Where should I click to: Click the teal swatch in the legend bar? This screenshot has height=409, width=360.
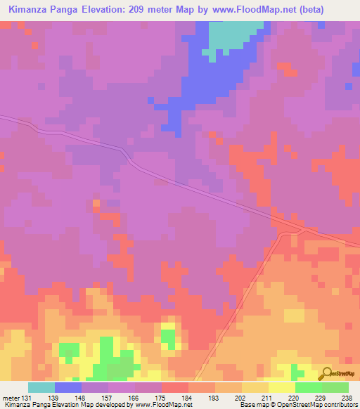point(41,388)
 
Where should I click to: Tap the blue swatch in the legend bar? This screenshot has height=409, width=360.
point(68,388)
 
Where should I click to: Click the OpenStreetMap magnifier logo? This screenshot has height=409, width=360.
point(326,374)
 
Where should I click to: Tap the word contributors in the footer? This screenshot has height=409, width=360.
point(339,405)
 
